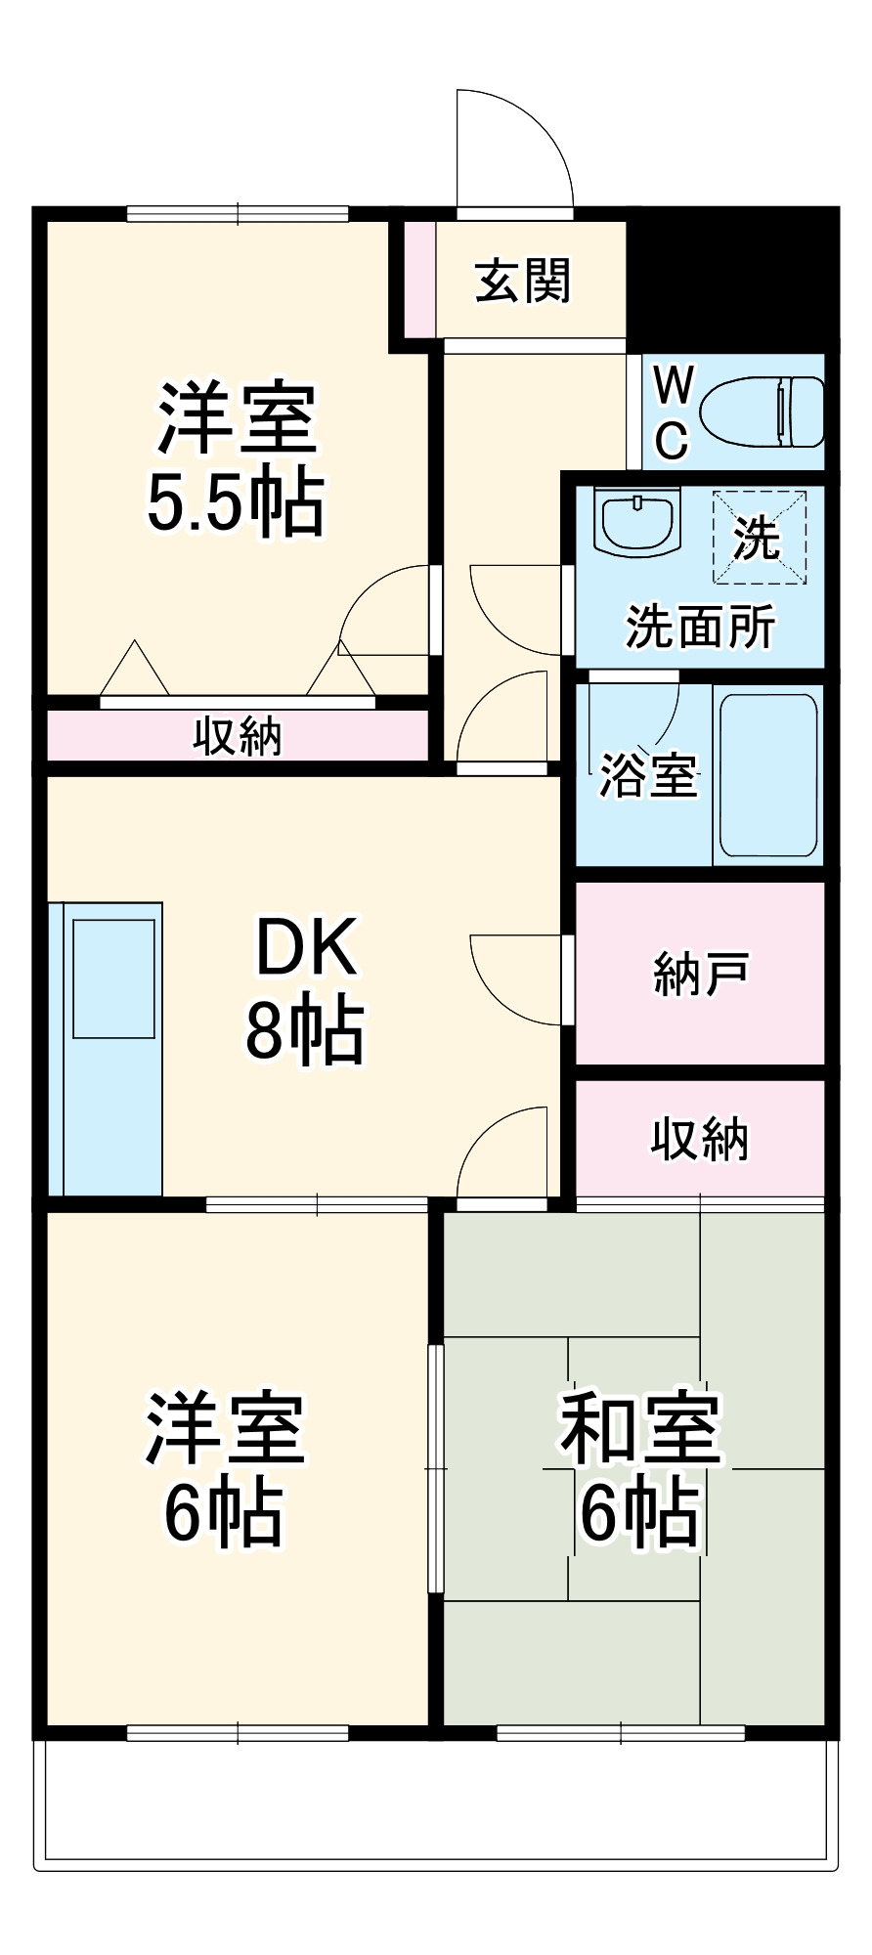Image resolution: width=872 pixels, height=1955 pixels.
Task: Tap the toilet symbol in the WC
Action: tap(763, 412)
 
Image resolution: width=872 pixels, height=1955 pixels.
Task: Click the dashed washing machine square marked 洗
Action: tap(759, 537)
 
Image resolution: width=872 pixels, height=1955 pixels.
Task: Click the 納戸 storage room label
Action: tap(700, 974)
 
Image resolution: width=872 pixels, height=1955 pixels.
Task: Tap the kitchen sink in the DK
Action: tap(113, 977)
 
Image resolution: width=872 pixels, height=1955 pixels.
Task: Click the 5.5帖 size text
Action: tap(236, 503)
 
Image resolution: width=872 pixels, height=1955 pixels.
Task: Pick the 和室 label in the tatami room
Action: tap(640, 1427)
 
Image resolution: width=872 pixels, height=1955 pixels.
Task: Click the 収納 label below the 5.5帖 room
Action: tap(237, 735)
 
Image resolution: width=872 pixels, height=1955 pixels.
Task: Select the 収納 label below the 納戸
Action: tap(700, 1139)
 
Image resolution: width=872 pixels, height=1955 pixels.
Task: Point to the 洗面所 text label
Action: tap(700, 627)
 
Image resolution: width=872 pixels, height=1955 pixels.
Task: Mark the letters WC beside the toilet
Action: tap(672, 413)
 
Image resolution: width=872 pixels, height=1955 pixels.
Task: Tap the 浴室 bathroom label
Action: tap(647, 775)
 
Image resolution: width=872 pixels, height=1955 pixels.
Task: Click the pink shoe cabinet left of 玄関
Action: tap(420, 280)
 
